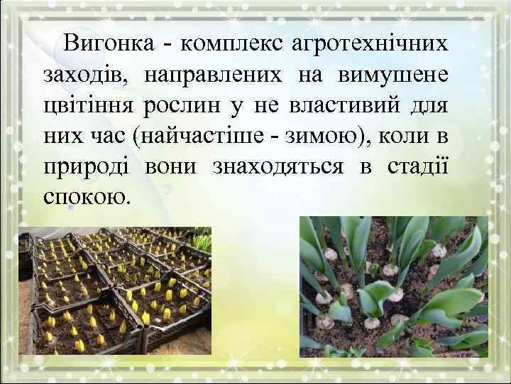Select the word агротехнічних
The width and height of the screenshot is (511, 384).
click(369, 43)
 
